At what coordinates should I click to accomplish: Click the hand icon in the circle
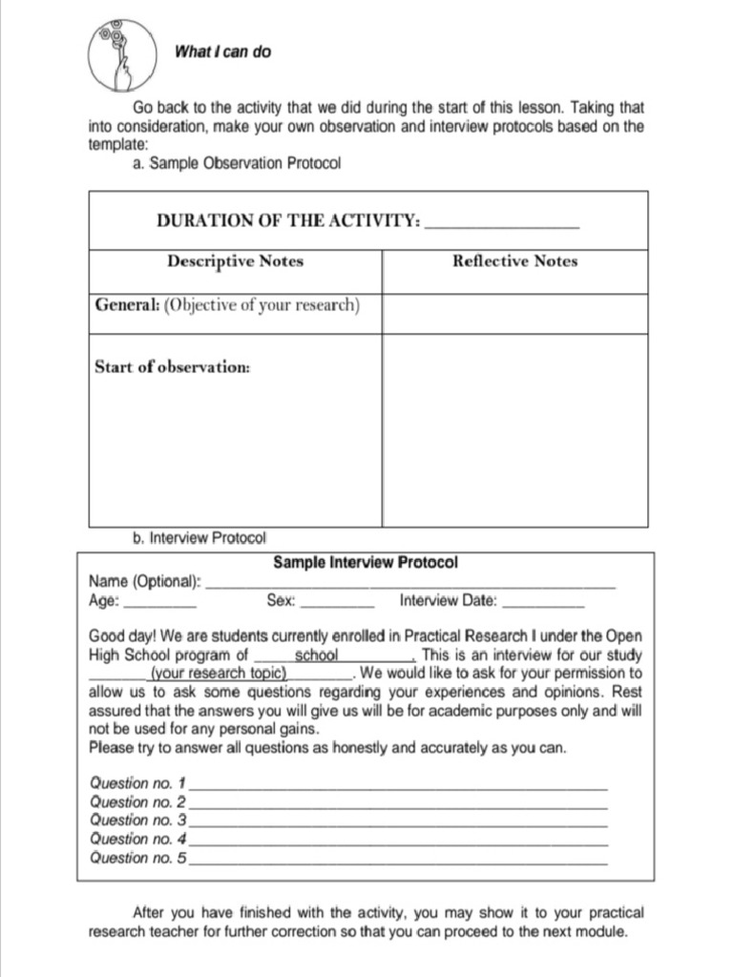122,52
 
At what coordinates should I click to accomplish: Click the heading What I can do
222,52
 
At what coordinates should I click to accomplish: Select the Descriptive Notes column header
235,260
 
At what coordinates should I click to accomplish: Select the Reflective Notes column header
514,260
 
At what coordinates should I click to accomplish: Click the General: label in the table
127,305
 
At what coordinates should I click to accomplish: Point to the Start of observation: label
172,366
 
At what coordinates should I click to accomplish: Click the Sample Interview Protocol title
366,563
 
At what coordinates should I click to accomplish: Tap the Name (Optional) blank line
410,584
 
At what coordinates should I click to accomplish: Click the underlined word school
317,655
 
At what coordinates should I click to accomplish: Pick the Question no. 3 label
138,821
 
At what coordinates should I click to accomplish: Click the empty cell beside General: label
514,313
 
